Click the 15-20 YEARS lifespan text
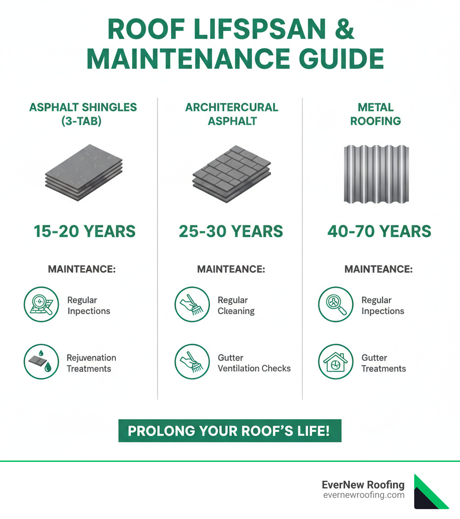click(84, 231)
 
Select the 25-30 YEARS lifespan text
click(231, 231)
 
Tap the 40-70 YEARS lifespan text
click(379, 231)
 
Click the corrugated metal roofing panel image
click(376, 174)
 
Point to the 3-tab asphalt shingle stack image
click(84, 173)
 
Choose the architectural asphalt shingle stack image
click(231, 174)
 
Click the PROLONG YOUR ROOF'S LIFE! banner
click(230, 431)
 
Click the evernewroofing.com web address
click(363, 495)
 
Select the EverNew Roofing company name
click(363, 485)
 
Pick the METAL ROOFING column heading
click(376, 114)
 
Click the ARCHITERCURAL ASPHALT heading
click(232, 114)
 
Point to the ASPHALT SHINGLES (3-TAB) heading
click(83, 114)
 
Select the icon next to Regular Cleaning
click(192, 304)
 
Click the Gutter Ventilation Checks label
click(254, 363)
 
